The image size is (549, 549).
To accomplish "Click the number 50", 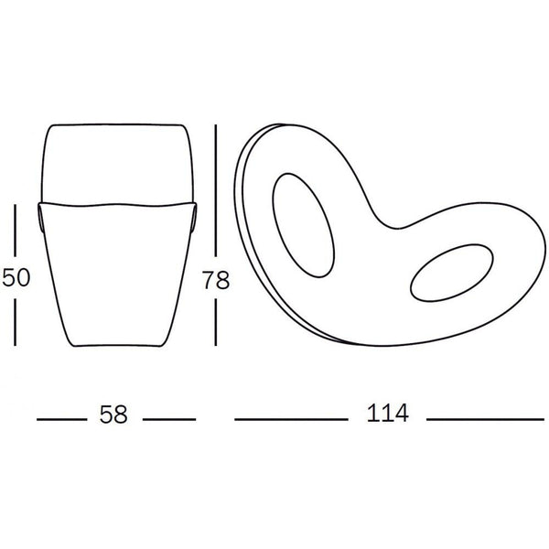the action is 16,277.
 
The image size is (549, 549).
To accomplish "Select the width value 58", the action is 113,414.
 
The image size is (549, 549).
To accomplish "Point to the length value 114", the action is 388,414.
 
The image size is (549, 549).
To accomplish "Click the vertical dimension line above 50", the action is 15,231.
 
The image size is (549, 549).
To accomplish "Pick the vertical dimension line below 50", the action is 15,322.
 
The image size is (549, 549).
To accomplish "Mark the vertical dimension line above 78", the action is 216,191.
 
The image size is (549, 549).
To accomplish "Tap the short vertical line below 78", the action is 216,322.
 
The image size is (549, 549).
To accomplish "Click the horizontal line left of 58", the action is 61,419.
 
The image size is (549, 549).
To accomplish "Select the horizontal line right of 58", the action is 169,419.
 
